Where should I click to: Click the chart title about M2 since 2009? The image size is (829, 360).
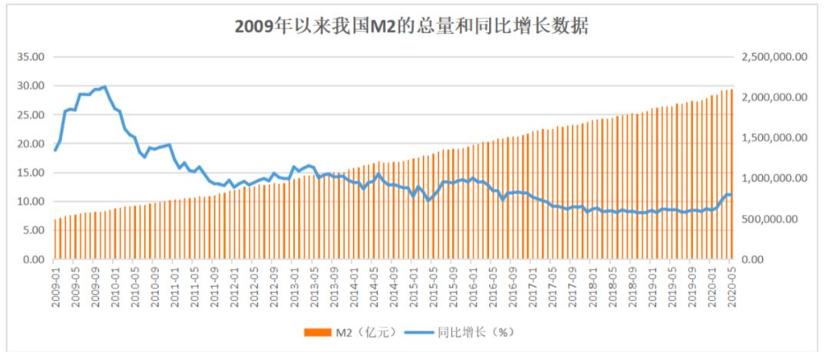412,26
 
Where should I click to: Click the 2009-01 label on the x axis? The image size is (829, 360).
56,288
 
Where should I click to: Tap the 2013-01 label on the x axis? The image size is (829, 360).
294,288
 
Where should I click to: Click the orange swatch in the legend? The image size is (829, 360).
318,332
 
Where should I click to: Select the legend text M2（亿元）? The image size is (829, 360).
360,332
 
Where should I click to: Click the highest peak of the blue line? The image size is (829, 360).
104,87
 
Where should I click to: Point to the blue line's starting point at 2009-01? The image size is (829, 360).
55,150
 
